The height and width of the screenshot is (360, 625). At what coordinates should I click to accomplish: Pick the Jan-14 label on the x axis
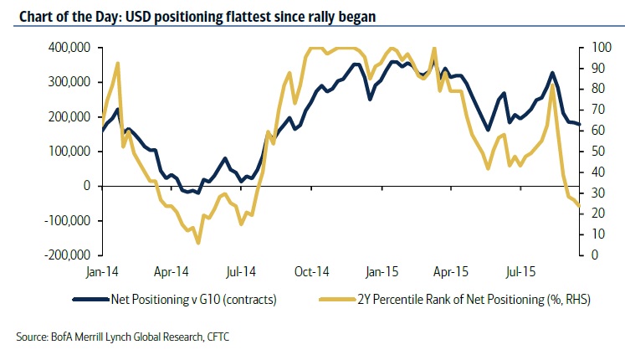point(102,272)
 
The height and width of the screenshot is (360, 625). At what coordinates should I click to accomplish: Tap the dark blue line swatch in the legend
point(90,299)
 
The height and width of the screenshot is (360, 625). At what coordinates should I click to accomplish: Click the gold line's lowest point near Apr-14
point(198,243)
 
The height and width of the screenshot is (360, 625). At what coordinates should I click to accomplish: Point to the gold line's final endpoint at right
point(581,207)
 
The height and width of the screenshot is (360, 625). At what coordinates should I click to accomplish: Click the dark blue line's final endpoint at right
point(581,124)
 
